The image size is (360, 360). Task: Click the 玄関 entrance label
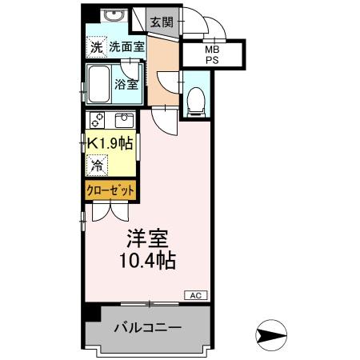(161, 22)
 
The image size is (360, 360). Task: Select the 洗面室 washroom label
(126, 46)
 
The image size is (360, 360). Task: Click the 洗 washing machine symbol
(96, 47)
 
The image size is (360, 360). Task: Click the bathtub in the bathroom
(99, 84)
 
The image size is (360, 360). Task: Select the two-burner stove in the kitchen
(98, 121)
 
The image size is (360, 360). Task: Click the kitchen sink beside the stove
(123, 121)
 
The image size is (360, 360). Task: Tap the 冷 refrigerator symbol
(97, 166)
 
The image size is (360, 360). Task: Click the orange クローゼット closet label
(110, 190)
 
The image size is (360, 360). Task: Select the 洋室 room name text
(148, 238)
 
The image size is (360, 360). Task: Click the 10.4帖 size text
(148, 261)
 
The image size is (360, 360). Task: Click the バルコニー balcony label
(147, 328)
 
